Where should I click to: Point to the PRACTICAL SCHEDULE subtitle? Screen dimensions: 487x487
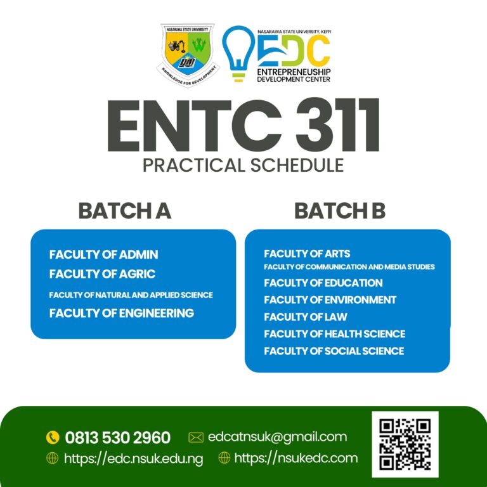tap(243, 166)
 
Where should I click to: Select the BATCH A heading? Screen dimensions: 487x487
tap(125, 211)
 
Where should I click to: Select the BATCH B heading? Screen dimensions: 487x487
tap(340, 211)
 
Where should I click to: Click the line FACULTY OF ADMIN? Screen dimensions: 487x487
tap(103, 254)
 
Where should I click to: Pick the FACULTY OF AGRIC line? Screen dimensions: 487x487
tap(102, 275)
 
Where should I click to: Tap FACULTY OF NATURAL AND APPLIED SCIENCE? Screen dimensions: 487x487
tap(131, 295)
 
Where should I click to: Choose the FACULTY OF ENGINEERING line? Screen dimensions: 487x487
tap(121, 313)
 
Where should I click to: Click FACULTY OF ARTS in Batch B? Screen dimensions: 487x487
tap(307, 254)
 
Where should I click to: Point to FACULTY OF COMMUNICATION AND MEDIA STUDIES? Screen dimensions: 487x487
tap(349, 267)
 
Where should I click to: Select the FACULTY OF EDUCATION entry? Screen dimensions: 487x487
tap(323, 283)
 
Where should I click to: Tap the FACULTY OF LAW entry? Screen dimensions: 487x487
tap(305, 316)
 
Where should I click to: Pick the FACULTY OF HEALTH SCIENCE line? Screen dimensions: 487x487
tap(334, 334)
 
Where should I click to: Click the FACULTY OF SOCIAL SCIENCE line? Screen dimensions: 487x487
tap(334, 351)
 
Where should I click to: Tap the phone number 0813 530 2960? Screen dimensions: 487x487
tap(117, 438)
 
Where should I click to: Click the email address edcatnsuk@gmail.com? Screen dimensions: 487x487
tap(277, 436)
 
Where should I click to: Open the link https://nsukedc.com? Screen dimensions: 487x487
tap(295, 458)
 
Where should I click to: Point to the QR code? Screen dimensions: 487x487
tap(405, 444)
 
